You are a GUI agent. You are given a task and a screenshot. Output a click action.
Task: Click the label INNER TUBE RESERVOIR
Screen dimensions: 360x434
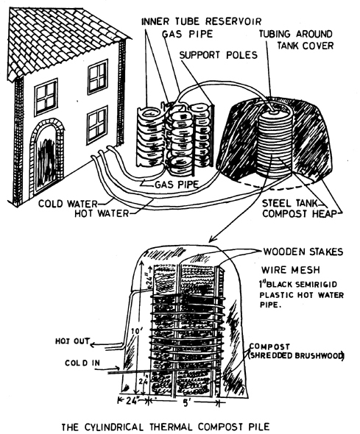pos(201,21)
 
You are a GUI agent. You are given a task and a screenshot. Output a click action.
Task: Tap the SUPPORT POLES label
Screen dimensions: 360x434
pos(218,55)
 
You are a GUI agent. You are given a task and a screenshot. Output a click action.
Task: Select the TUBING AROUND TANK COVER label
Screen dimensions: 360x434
pos(296,40)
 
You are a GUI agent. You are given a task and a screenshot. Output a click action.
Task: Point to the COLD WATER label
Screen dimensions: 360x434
pos(68,204)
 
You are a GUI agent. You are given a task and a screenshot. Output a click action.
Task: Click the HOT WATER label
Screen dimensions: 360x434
pos(102,213)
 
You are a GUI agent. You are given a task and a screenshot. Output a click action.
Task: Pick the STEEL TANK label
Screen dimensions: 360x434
pos(289,204)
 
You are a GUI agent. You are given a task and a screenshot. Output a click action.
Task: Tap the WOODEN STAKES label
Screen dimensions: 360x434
pos(303,252)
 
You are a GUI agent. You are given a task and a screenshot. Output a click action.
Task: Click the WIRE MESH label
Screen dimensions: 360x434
pos(291,270)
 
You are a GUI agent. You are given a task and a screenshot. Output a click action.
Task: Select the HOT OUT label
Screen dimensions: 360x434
pos(73,341)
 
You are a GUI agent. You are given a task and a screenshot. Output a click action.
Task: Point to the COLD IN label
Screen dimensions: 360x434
pos(82,363)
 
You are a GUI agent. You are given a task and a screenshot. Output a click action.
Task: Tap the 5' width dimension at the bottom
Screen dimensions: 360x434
pos(186,402)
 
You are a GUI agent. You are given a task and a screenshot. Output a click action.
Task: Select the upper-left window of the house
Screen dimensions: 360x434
pos(46,97)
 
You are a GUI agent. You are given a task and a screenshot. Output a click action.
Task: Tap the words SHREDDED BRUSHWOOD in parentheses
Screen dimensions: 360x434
pos(296,356)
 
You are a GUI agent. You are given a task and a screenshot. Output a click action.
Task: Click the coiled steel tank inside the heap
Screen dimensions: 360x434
pos(274,144)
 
